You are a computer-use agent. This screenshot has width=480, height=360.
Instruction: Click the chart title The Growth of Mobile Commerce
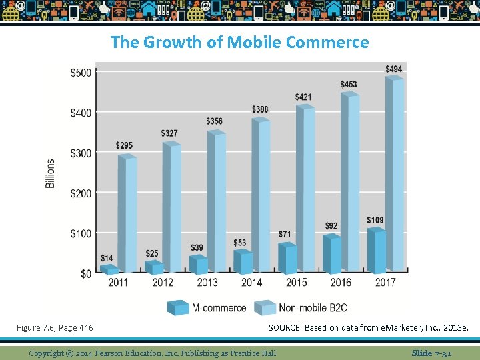tap(239, 42)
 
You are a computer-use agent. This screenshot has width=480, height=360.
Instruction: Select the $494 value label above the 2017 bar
tap(393, 69)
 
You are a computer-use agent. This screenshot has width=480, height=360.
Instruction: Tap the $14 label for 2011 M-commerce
tap(107, 258)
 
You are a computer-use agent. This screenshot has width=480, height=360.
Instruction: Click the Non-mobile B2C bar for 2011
tap(127, 213)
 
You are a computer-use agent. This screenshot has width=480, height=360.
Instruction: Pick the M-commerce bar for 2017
tap(377, 251)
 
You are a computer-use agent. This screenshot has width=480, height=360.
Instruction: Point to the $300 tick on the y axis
tap(81, 153)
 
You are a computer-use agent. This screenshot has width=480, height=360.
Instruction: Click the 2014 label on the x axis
tap(251, 282)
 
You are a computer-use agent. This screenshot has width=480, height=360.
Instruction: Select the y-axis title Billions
tap(51, 173)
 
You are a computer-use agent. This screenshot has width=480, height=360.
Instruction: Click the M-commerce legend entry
tap(207, 308)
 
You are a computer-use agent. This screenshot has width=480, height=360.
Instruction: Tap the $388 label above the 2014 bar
tap(260, 109)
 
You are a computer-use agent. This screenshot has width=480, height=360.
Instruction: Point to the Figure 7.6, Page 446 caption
tap(55, 327)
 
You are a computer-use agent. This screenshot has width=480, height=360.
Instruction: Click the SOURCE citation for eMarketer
tap(369, 327)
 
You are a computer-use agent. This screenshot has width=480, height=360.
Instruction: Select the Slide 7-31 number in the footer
tap(431, 353)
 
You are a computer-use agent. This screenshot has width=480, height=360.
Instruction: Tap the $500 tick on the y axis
tap(81, 73)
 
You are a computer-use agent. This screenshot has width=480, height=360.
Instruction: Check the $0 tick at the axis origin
tap(85, 273)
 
